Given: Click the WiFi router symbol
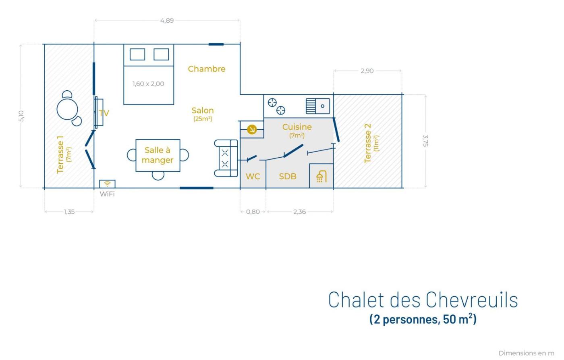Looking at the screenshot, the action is (107, 184).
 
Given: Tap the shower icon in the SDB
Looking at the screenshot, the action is (321, 176).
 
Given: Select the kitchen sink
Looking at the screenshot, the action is (318, 106).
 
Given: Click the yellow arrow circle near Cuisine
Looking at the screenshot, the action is (252, 129).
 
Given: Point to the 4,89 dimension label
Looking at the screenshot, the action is (167, 21).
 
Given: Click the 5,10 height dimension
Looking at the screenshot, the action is (21, 116).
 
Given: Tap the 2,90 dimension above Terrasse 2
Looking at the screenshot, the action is (367, 71).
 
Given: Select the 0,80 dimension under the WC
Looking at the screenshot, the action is (253, 212).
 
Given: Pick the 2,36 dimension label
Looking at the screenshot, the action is (299, 212).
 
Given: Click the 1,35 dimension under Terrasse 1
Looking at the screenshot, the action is (69, 212).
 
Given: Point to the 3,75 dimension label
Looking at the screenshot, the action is (425, 141).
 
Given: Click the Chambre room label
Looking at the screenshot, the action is (207, 69).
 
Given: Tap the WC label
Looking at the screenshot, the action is (253, 176).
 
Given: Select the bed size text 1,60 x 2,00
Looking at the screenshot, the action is (148, 83).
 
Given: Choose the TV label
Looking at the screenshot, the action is (104, 113).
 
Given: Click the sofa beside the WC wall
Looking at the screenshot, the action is (226, 158).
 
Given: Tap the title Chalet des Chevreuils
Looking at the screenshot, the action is (423, 300).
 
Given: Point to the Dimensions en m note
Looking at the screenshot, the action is (527, 353).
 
